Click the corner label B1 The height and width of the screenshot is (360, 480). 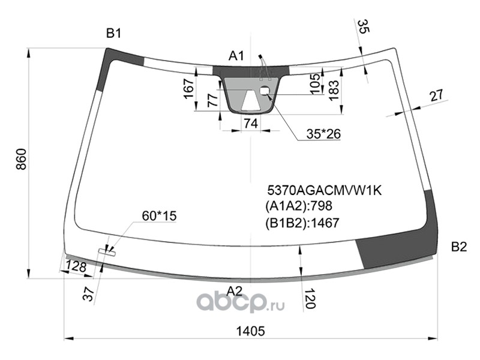click(x=113, y=33)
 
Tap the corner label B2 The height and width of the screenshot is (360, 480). click(x=459, y=247)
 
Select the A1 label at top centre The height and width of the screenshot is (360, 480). click(x=236, y=56)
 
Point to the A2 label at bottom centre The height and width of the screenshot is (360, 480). click(x=234, y=291)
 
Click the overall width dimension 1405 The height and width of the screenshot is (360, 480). click(x=250, y=331)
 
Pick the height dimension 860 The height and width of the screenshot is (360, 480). click(x=22, y=160)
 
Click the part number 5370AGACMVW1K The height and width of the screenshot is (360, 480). click(x=325, y=190)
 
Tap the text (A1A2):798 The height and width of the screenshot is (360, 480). click(x=298, y=206)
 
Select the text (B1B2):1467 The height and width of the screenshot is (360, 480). click(x=302, y=223)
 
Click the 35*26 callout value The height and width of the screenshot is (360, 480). click(x=323, y=134)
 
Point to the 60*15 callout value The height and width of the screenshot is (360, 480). click(x=159, y=216)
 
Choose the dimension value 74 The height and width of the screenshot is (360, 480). click(x=251, y=124)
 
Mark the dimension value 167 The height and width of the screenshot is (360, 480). click(x=189, y=89)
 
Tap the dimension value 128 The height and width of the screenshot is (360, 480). click(x=76, y=266)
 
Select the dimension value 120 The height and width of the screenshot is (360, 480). click(x=310, y=298)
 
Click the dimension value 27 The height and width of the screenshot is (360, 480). click(x=437, y=95)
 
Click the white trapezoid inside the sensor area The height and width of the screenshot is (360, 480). click(x=251, y=101)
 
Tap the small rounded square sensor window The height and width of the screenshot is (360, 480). click(x=265, y=91)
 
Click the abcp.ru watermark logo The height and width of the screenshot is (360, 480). click(x=241, y=302)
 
